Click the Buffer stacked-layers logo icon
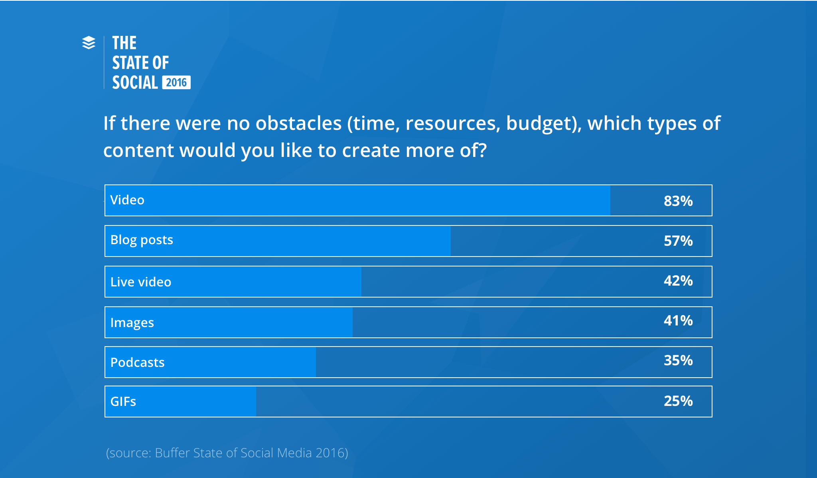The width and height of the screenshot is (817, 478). click(x=89, y=43)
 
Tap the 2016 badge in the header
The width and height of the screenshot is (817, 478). click(x=176, y=82)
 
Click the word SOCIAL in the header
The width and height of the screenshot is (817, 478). click(x=135, y=82)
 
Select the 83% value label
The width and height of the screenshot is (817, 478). click(x=678, y=201)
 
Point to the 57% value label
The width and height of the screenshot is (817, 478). click(x=678, y=241)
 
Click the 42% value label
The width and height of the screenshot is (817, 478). click(x=678, y=281)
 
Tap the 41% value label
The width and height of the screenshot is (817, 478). click(x=678, y=321)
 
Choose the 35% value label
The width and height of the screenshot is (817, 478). click(x=678, y=360)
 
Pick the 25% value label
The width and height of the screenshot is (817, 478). click(x=678, y=401)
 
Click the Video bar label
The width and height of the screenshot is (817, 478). click(x=127, y=200)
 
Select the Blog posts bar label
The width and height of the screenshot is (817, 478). click(x=142, y=240)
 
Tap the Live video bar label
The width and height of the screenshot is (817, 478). click(x=141, y=282)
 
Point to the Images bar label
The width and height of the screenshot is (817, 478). click(x=132, y=323)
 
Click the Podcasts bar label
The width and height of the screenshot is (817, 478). click(x=137, y=362)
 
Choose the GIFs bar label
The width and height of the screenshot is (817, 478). click(x=123, y=402)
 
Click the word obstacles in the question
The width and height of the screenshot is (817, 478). click(x=298, y=123)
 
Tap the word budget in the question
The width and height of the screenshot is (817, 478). click(x=539, y=123)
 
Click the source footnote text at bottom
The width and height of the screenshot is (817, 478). click(x=227, y=453)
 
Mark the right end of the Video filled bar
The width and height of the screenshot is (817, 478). click(x=609, y=200)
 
